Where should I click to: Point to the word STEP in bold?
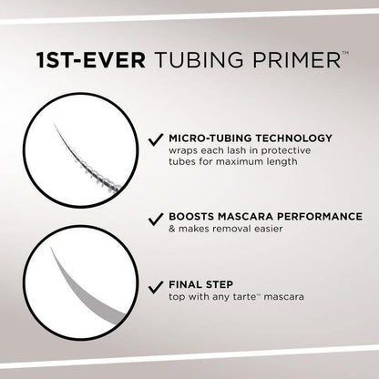[224, 283]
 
